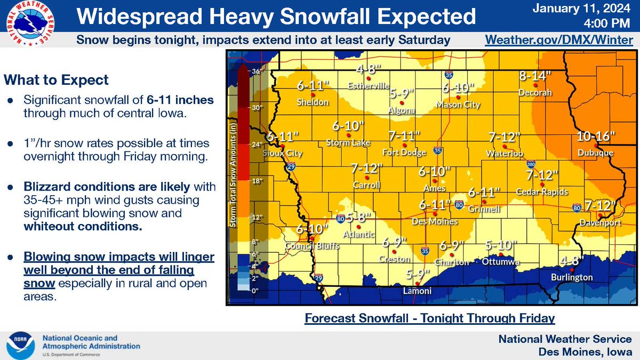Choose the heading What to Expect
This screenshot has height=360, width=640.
tap(56, 80)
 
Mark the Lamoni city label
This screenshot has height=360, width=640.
tap(417, 291)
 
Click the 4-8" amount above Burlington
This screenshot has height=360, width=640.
tap(572, 261)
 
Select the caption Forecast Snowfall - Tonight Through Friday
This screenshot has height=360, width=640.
tap(430, 318)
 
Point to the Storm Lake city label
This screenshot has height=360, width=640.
tap(346, 142)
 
